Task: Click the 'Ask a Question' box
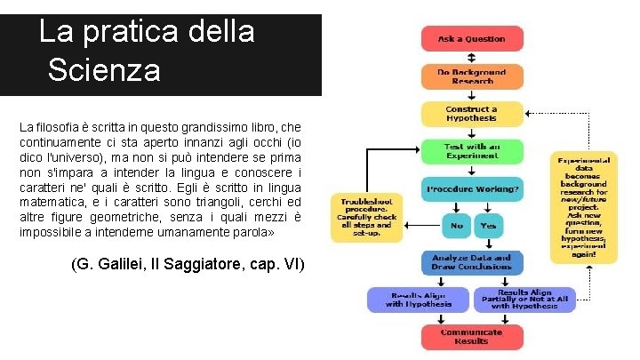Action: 471,39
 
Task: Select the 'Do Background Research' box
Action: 471,76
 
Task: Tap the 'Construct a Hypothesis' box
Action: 471,114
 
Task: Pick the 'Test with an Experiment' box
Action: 471,152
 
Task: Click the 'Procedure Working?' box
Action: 471,189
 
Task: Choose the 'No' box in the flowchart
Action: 456,226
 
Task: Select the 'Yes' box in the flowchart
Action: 488,226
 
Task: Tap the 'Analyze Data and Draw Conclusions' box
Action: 471,262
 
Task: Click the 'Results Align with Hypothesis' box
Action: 419,300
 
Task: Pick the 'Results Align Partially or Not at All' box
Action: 524,300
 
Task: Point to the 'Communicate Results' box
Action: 471,336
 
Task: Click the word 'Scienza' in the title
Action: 105,69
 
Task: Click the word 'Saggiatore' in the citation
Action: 211,264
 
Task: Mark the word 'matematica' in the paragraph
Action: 54,202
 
